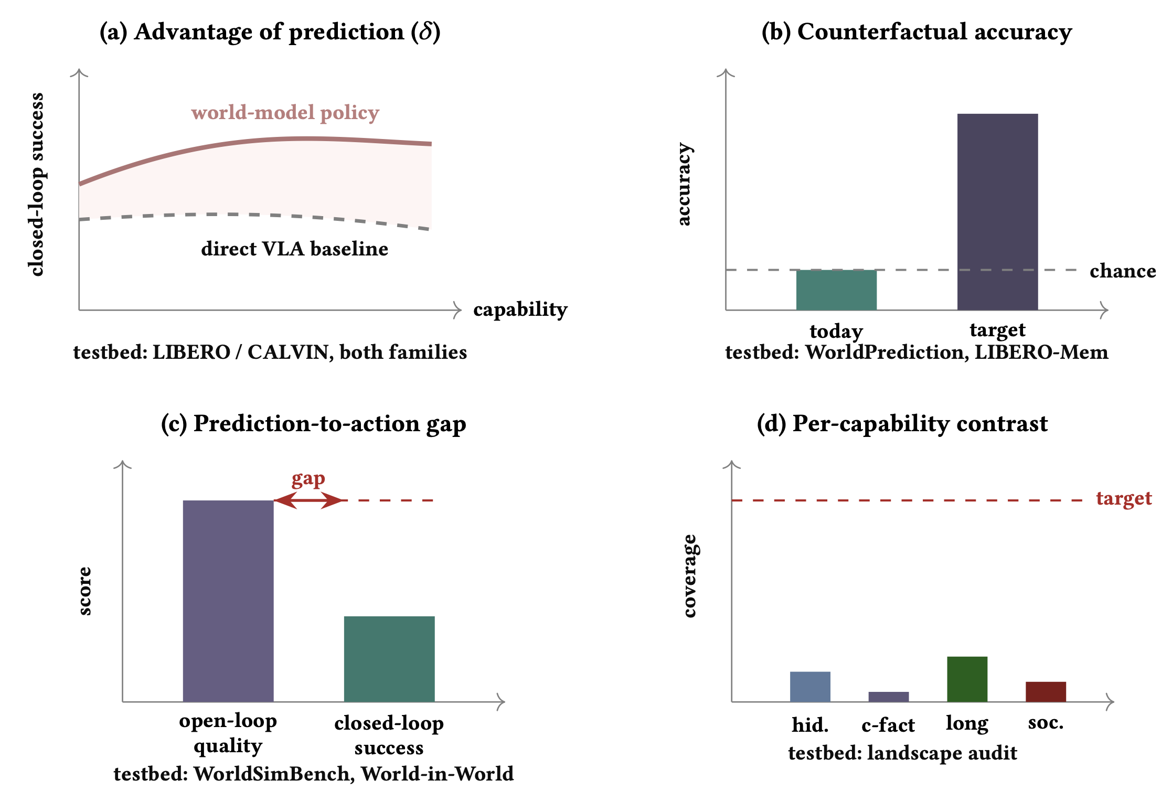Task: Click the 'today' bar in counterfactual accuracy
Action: (836, 290)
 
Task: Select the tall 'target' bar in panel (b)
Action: (997, 212)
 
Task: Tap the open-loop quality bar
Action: (228, 601)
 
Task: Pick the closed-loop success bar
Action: (389, 659)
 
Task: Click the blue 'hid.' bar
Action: (810, 687)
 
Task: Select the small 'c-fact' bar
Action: (889, 697)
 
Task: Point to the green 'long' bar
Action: (967, 679)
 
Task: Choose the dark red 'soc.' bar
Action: (1046, 692)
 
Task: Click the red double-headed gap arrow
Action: (308, 500)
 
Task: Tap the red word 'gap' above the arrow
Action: (308, 479)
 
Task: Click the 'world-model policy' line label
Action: (285, 113)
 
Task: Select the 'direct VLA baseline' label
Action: (295, 248)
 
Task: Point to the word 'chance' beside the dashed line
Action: (1123, 271)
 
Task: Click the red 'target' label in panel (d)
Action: (1124, 498)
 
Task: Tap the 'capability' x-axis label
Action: (520, 309)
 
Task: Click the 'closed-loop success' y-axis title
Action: (36, 185)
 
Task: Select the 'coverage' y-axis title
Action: (689, 576)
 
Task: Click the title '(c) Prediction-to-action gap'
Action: (314, 424)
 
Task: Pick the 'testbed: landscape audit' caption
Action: (902, 753)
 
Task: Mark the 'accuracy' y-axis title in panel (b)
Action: (684, 184)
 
